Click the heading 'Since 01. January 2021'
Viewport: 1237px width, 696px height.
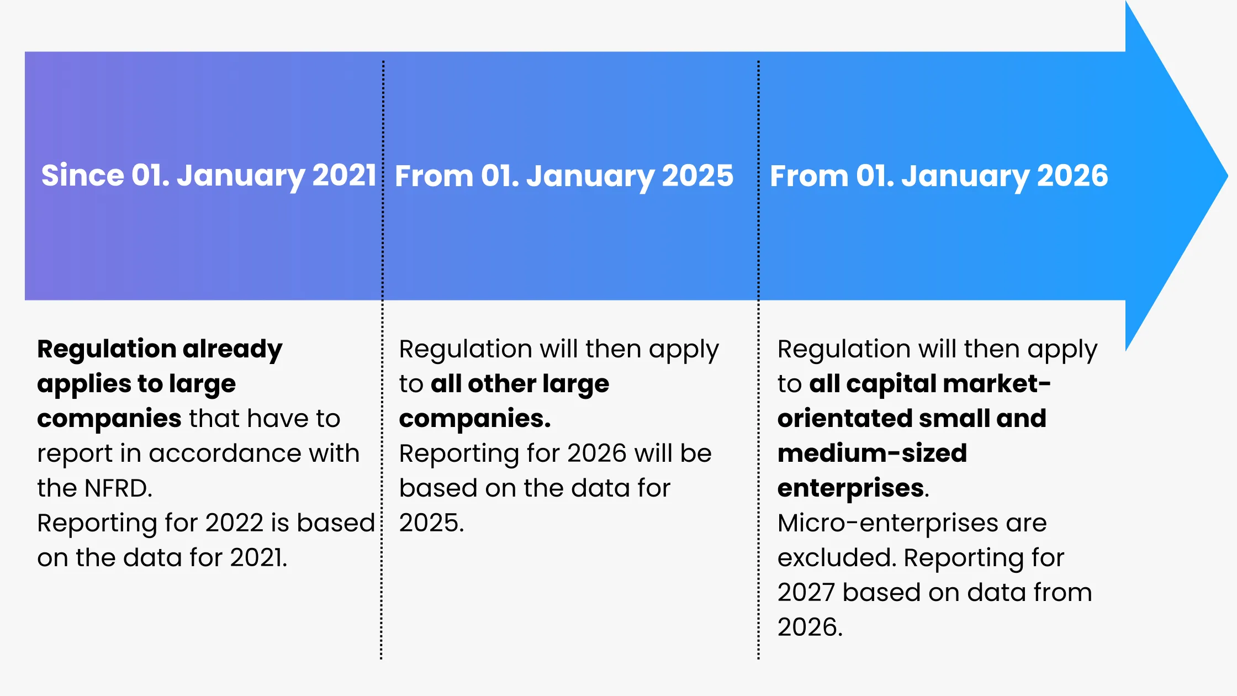[x=209, y=176]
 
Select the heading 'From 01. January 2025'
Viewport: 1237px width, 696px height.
[x=564, y=176]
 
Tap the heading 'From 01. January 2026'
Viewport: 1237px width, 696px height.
[x=939, y=176]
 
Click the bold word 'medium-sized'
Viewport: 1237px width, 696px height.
[x=872, y=454]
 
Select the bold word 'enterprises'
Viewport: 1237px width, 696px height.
[x=850, y=488]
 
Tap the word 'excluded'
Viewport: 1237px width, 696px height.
[x=835, y=558]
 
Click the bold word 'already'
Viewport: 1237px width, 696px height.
[x=232, y=349]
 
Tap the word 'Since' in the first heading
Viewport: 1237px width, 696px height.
[x=82, y=176]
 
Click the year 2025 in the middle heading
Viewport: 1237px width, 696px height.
[x=697, y=176]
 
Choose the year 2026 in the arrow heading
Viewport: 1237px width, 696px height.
[x=1072, y=176]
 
